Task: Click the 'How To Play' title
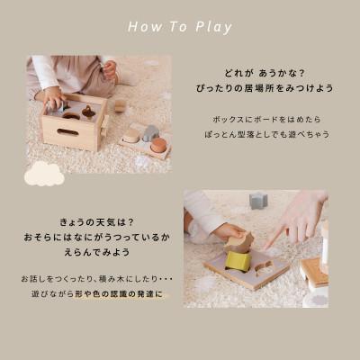(x=180, y=26)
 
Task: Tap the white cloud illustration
(x=44, y=174)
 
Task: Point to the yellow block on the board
(x=238, y=260)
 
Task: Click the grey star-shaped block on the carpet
(x=259, y=200)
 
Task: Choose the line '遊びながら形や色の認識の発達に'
(x=89, y=295)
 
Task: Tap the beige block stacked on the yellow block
(x=238, y=242)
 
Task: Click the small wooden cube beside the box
(x=120, y=106)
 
